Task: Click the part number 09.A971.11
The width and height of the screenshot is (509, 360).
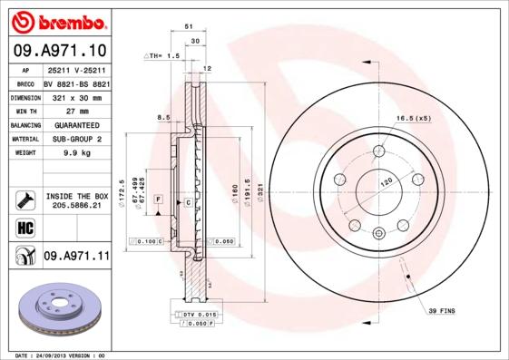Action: [76, 257]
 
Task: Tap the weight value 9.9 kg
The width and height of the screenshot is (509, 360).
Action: [76, 153]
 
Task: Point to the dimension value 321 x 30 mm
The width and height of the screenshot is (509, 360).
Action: [76, 96]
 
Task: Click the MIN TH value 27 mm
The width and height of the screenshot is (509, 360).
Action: [76, 111]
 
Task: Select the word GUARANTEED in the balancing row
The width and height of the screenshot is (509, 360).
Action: [76, 125]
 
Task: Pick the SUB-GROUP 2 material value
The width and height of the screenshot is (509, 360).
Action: [76, 140]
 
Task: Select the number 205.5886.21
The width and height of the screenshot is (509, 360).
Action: [76, 207]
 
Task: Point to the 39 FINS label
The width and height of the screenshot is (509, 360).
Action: [444, 311]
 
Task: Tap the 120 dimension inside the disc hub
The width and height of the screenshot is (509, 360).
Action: [385, 182]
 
